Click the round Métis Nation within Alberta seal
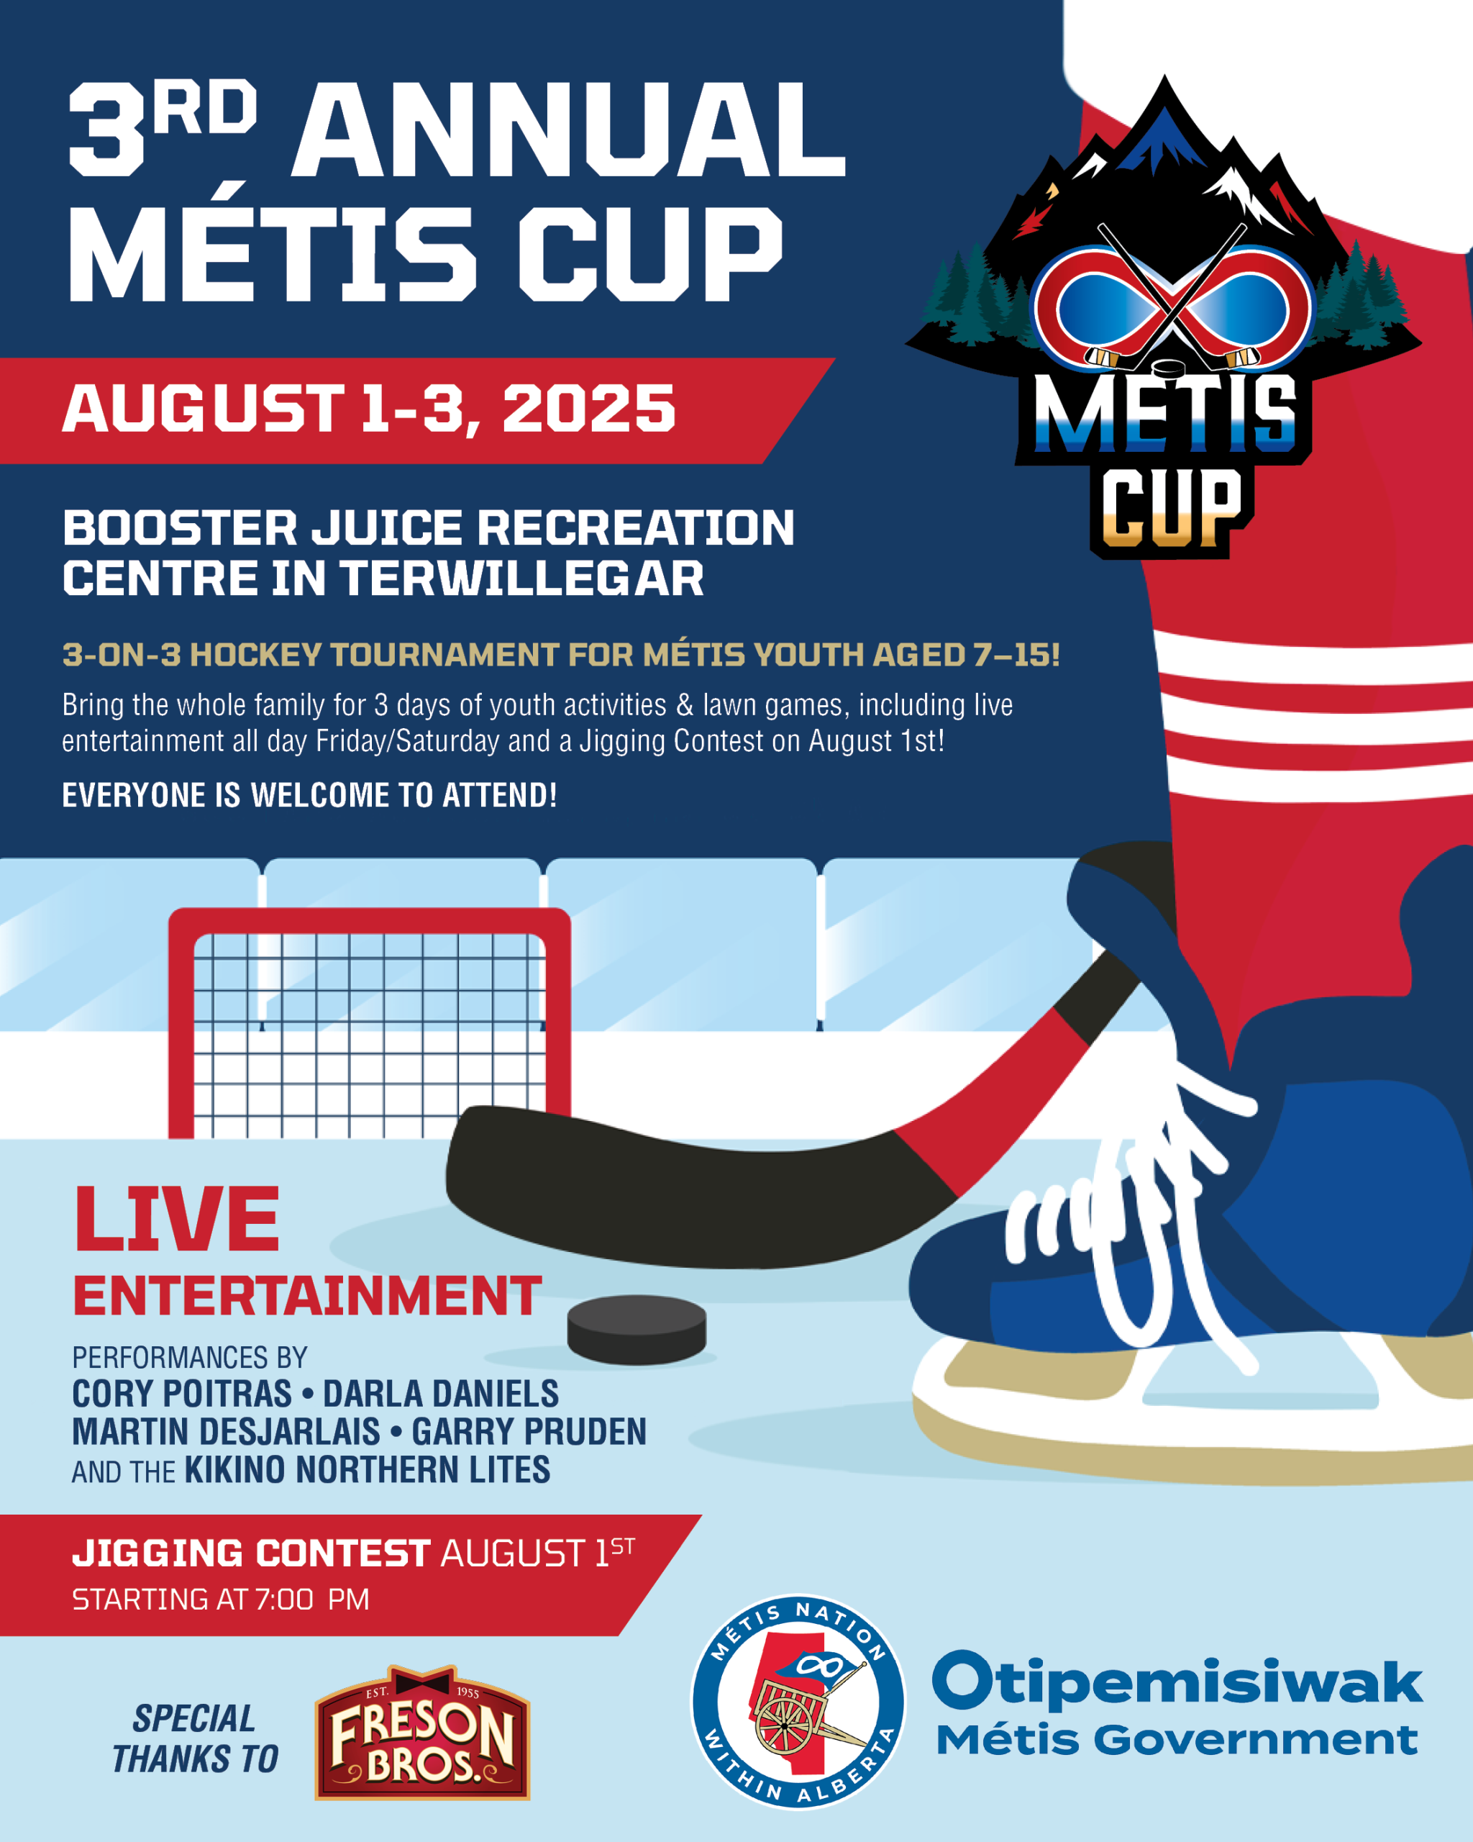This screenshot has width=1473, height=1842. coord(798,1701)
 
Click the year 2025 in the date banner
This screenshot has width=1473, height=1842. coord(588,409)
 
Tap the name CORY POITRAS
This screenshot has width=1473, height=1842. coord(182,1394)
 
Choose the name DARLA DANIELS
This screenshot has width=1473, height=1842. coord(441,1394)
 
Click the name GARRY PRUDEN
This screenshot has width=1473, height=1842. coord(529,1432)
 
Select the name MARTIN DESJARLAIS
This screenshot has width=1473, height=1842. coord(227,1432)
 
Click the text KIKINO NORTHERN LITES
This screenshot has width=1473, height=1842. coord(368,1470)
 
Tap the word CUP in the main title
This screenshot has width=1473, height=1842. coord(651,254)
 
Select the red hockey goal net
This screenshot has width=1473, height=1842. coord(369,1025)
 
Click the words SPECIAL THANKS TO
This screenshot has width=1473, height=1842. coord(196,1738)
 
